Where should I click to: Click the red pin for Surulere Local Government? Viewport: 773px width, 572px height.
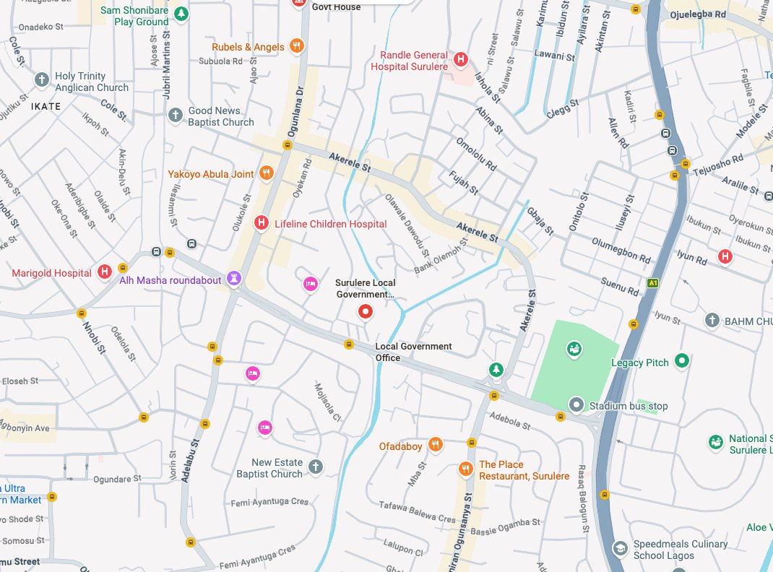point(366,312)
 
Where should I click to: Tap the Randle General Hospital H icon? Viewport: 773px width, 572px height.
point(461,58)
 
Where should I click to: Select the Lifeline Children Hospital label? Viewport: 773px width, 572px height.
point(330,224)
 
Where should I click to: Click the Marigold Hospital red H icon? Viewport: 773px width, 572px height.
point(105,272)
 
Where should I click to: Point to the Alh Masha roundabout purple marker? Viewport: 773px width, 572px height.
point(234,279)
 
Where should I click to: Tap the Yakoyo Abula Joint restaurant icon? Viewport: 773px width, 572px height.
point(267,173)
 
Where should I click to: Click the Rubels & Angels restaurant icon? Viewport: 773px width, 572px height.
point(295,47)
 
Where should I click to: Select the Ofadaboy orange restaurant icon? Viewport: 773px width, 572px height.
point(435,446)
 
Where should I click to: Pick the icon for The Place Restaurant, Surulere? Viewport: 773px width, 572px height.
point(466,469)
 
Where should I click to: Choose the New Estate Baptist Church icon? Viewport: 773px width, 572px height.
point(315,467)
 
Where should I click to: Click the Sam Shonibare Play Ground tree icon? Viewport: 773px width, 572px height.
point(182,13)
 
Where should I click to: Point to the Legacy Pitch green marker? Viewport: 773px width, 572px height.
point(681,360)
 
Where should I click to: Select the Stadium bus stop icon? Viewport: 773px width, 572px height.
point(576,405)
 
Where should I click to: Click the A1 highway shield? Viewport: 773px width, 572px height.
point(653,283)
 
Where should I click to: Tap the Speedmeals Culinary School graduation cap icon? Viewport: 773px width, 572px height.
point(619,549)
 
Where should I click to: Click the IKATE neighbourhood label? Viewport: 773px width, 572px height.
point(46,106)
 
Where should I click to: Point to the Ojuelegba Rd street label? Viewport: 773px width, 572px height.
point(697,14)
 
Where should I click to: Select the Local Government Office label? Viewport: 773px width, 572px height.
point(413,352)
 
